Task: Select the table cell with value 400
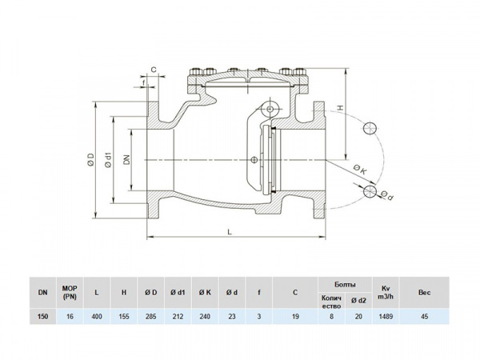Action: click(97, 317)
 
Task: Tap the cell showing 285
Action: click(150, 317)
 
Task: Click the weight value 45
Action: click(424, 317)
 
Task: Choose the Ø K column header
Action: click(204, 293)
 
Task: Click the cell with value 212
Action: click(178, 317)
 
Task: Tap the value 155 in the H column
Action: click(124, 317)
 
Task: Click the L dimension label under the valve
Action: click(230, 230)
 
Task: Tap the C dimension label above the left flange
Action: click(152, 70)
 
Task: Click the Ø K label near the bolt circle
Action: click(359, 169)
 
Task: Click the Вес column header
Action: click(424, 293)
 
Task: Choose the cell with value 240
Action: click(204, 317)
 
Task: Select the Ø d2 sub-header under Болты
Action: click(359, 301)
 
